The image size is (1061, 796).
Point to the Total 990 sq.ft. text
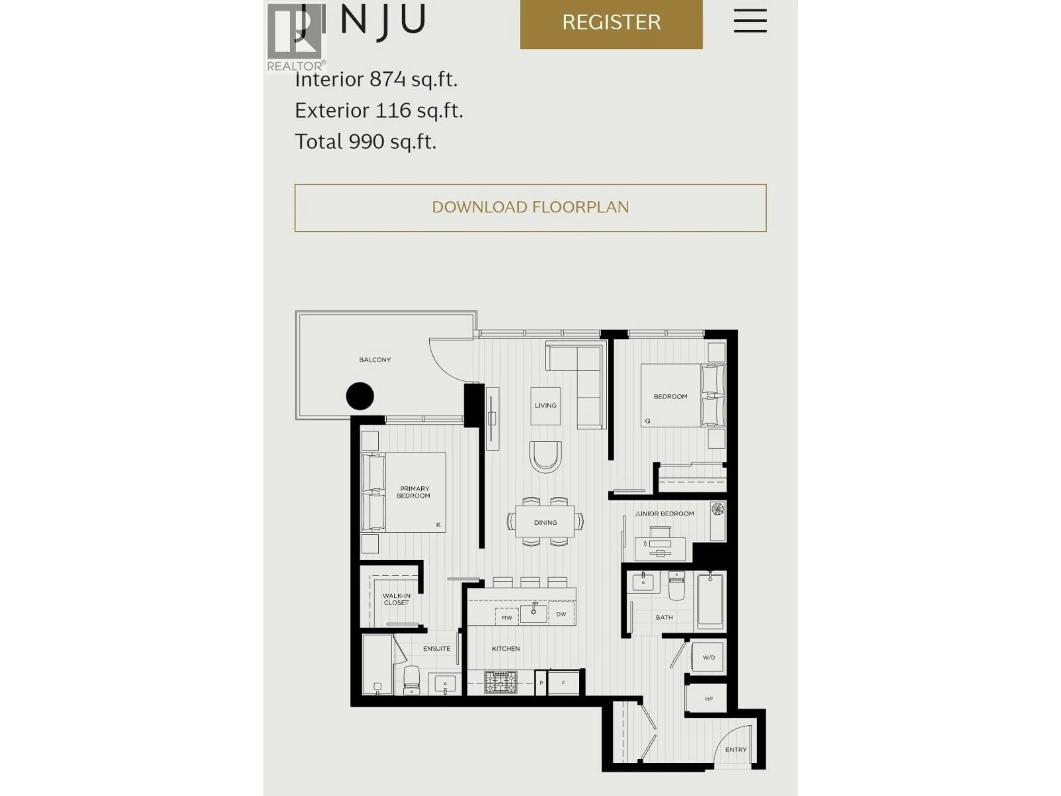(366, 142)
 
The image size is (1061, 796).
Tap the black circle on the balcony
(360, 396)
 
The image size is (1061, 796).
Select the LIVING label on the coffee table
(545, 405)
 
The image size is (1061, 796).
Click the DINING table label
(545, 522)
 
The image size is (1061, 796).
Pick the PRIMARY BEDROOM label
(414, 492)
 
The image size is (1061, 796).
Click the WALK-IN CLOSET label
(396, 599)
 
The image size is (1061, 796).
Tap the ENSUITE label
(437, 649)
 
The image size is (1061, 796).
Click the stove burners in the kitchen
(500, 682)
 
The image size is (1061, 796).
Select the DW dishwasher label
(561, 614)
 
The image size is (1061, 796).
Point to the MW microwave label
(506, 617)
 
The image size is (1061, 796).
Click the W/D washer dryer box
(708, 657)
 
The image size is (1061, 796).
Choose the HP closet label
(708, 699)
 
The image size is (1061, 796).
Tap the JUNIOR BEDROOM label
(664, 514)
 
